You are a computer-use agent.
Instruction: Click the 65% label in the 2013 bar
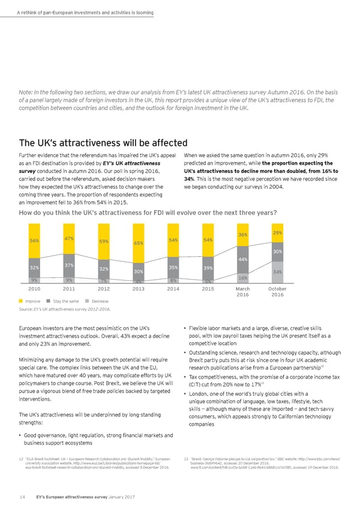[x=139, y=244]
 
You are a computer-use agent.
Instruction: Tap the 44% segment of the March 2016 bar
[x=243, y=259]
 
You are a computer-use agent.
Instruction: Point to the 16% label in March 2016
[x=243, y=279]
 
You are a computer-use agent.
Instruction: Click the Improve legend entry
[x=31, y=300]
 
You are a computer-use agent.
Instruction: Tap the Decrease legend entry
[x=97, y=300]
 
